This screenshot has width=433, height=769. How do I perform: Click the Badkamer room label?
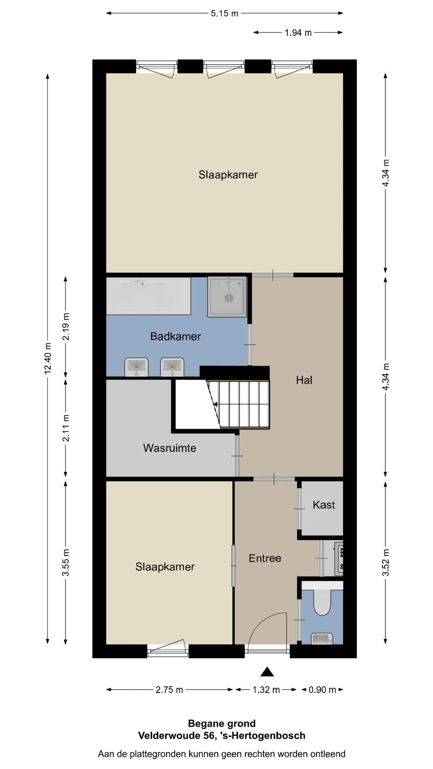pyautogui.click(x=176, y=336)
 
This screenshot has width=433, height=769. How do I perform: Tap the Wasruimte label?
pyautogui.click(x=170, y=448)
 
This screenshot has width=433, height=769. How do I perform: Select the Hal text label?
pyautogui.click(x=304, y=380)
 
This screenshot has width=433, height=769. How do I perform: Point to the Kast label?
pyautogui.click(x=324, y=505)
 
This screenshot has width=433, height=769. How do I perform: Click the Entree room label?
pyautogui.click(x=265, y=558)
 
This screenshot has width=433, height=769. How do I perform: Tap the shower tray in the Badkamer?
pyautogui.click(x=227, y=297)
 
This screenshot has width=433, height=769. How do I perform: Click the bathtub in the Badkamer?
pyautogui.click(x=148, y=296)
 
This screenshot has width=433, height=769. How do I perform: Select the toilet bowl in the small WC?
pyautogui.click(x=322, y=603)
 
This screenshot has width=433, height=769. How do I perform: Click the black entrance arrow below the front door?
pyautogui.click(x=267, y=672)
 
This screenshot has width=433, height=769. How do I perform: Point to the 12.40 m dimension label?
pyautogui.click(x=48, y=358)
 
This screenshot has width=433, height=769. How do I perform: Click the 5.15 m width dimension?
pyautogui.click(x=225, y=13)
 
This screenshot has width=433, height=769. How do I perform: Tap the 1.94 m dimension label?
pyautogui.click(x=298, y=33)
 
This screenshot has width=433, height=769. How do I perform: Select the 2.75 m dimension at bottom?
pyautogui.click(x=169, y=690)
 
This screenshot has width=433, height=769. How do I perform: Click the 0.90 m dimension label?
pyautogui.click(x=322, y=690)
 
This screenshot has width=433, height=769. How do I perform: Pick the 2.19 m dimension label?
pyautogui.click(x=66, y=326)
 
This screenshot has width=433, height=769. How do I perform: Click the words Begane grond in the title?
pyautogui.click(x=222, y=723)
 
